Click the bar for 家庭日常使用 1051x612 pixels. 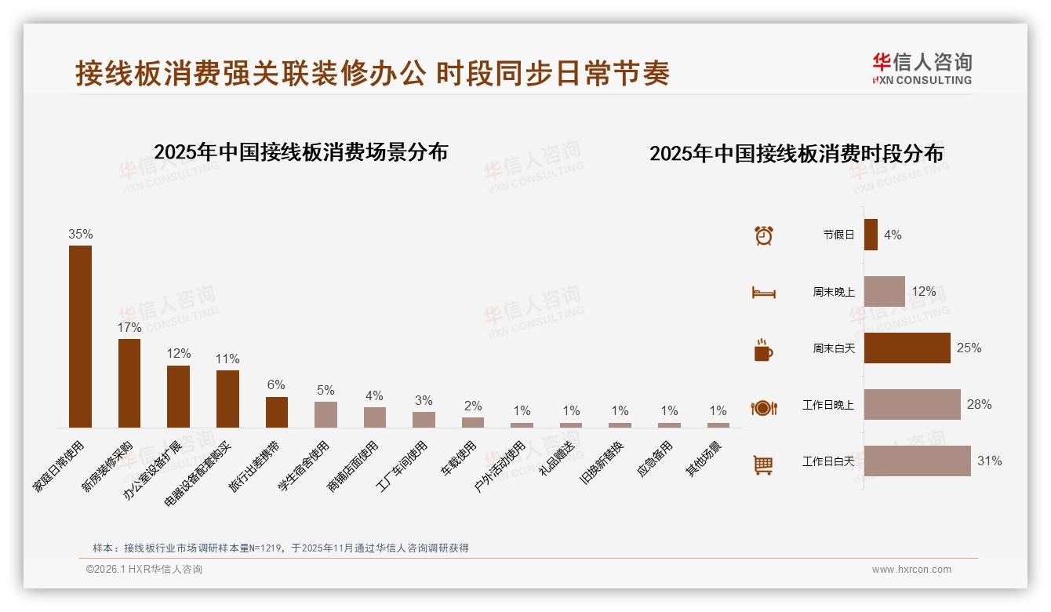(x=80, y=337)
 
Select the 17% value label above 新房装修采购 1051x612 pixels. (x=129, y=327)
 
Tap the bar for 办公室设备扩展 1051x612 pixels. (x=178, y=396)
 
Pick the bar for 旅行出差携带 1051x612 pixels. (x=277, y=412)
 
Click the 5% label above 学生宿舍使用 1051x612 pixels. (x=325, y=390)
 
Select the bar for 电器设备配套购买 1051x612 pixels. (x=227, y=399)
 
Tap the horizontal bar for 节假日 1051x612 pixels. (x=871, y=235)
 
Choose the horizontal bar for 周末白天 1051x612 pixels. (x=907, y=348)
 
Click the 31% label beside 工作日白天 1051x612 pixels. (x=989, y=461)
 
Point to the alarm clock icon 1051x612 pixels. (x=763, y=235)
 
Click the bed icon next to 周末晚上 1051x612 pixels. (x=763, y=293)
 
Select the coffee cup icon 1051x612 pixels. (x=763, y=350)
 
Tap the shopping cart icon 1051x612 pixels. (x=763, y=464)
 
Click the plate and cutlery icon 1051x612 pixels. (x=763, y=407)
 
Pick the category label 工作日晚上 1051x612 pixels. (x=827, y=405)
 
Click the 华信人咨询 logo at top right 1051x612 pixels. (x=922, y=68)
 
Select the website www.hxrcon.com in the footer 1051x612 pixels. (x=911, y=570)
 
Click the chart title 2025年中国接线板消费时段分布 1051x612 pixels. (x=796, y=153)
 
